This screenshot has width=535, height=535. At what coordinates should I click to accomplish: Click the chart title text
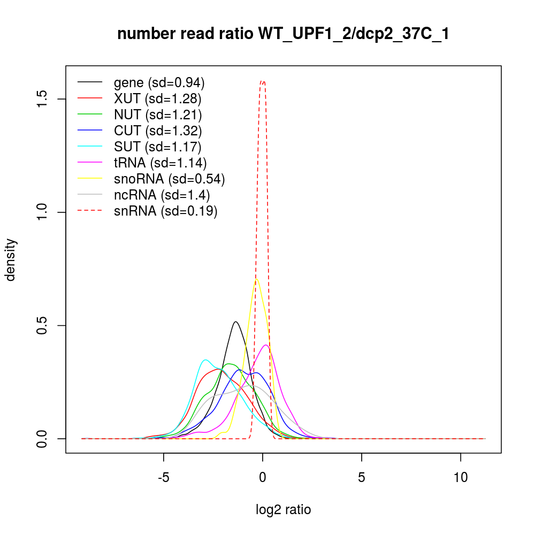coord(283,34)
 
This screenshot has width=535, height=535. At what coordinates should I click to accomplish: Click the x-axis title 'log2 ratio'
coord(283,510)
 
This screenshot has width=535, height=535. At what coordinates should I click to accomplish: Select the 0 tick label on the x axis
coord(263,477)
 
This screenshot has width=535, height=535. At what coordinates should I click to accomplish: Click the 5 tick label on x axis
coord(362,477)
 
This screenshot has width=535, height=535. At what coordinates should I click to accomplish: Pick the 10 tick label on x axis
coord(461,477)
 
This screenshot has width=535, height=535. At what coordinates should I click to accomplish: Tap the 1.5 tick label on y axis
coord(43,99)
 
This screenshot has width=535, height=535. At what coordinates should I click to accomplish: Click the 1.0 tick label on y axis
coord(43,212)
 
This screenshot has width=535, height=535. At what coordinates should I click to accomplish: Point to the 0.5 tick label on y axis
coord(43,325)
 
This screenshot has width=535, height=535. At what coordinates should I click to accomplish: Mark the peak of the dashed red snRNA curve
coord(263,81)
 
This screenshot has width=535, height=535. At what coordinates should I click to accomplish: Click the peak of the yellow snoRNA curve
coord(257,279)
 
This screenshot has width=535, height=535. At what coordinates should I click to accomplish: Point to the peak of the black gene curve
coord(235,322)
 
